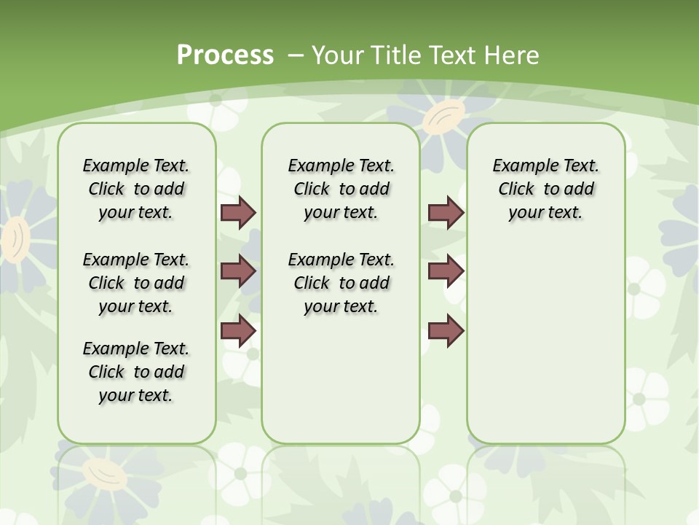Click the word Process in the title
tap(225, 55)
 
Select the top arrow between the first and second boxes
tap(238, 213)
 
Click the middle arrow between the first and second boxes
tap(238, 271)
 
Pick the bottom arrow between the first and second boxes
tap(238, 330)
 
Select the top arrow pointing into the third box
tap(446, 213)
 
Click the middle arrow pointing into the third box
tap(446, 271)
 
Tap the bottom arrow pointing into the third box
tap(446, 330)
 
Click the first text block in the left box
tap(136, 189)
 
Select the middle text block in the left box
tap(136, 283)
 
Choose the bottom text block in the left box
tap(136, 372)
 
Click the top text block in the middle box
tap(341, 189)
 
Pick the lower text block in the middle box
tap(341, 283)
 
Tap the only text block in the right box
tap(545, 189)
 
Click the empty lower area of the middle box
tap(341, 379)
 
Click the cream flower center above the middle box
tap(443, 117)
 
